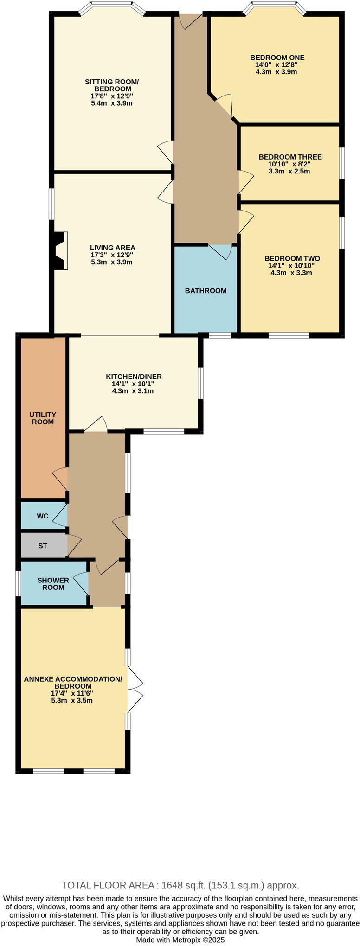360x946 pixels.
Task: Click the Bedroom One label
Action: click(277, 58)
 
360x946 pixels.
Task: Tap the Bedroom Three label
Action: click(290, 157)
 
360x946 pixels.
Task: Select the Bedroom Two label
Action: click(292, 258)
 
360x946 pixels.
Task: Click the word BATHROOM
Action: click(206, 291)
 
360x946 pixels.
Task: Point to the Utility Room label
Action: click(43, 418)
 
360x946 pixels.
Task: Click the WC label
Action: click(43, 516)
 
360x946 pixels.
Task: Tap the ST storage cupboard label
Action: click(43, 546)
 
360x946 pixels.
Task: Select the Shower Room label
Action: click(53, 583)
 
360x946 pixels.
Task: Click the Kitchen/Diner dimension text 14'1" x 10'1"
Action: click(133, 384)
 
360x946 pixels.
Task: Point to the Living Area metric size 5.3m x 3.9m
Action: click(112, 262)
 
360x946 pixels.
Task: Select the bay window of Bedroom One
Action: click(276, 7)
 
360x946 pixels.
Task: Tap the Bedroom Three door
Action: click(245, 181)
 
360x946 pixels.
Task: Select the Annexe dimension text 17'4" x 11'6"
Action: click(72, 693)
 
